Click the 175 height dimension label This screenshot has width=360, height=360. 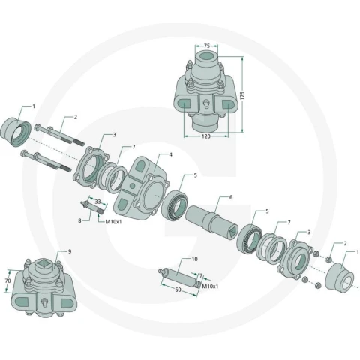click(242, 96)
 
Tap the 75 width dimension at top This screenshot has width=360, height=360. click(207, 46)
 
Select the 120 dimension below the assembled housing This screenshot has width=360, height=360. click(206, 136)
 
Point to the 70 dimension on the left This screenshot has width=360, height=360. click(7, 280)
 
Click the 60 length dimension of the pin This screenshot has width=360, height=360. click(178, 289)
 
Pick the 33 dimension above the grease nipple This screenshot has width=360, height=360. click(97, 202)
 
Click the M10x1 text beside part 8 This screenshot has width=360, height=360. click(113, 221)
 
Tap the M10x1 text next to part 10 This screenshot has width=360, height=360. click(210, 286)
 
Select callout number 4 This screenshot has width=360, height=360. click(171, 154)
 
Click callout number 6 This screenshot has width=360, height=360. click(231, 197)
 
